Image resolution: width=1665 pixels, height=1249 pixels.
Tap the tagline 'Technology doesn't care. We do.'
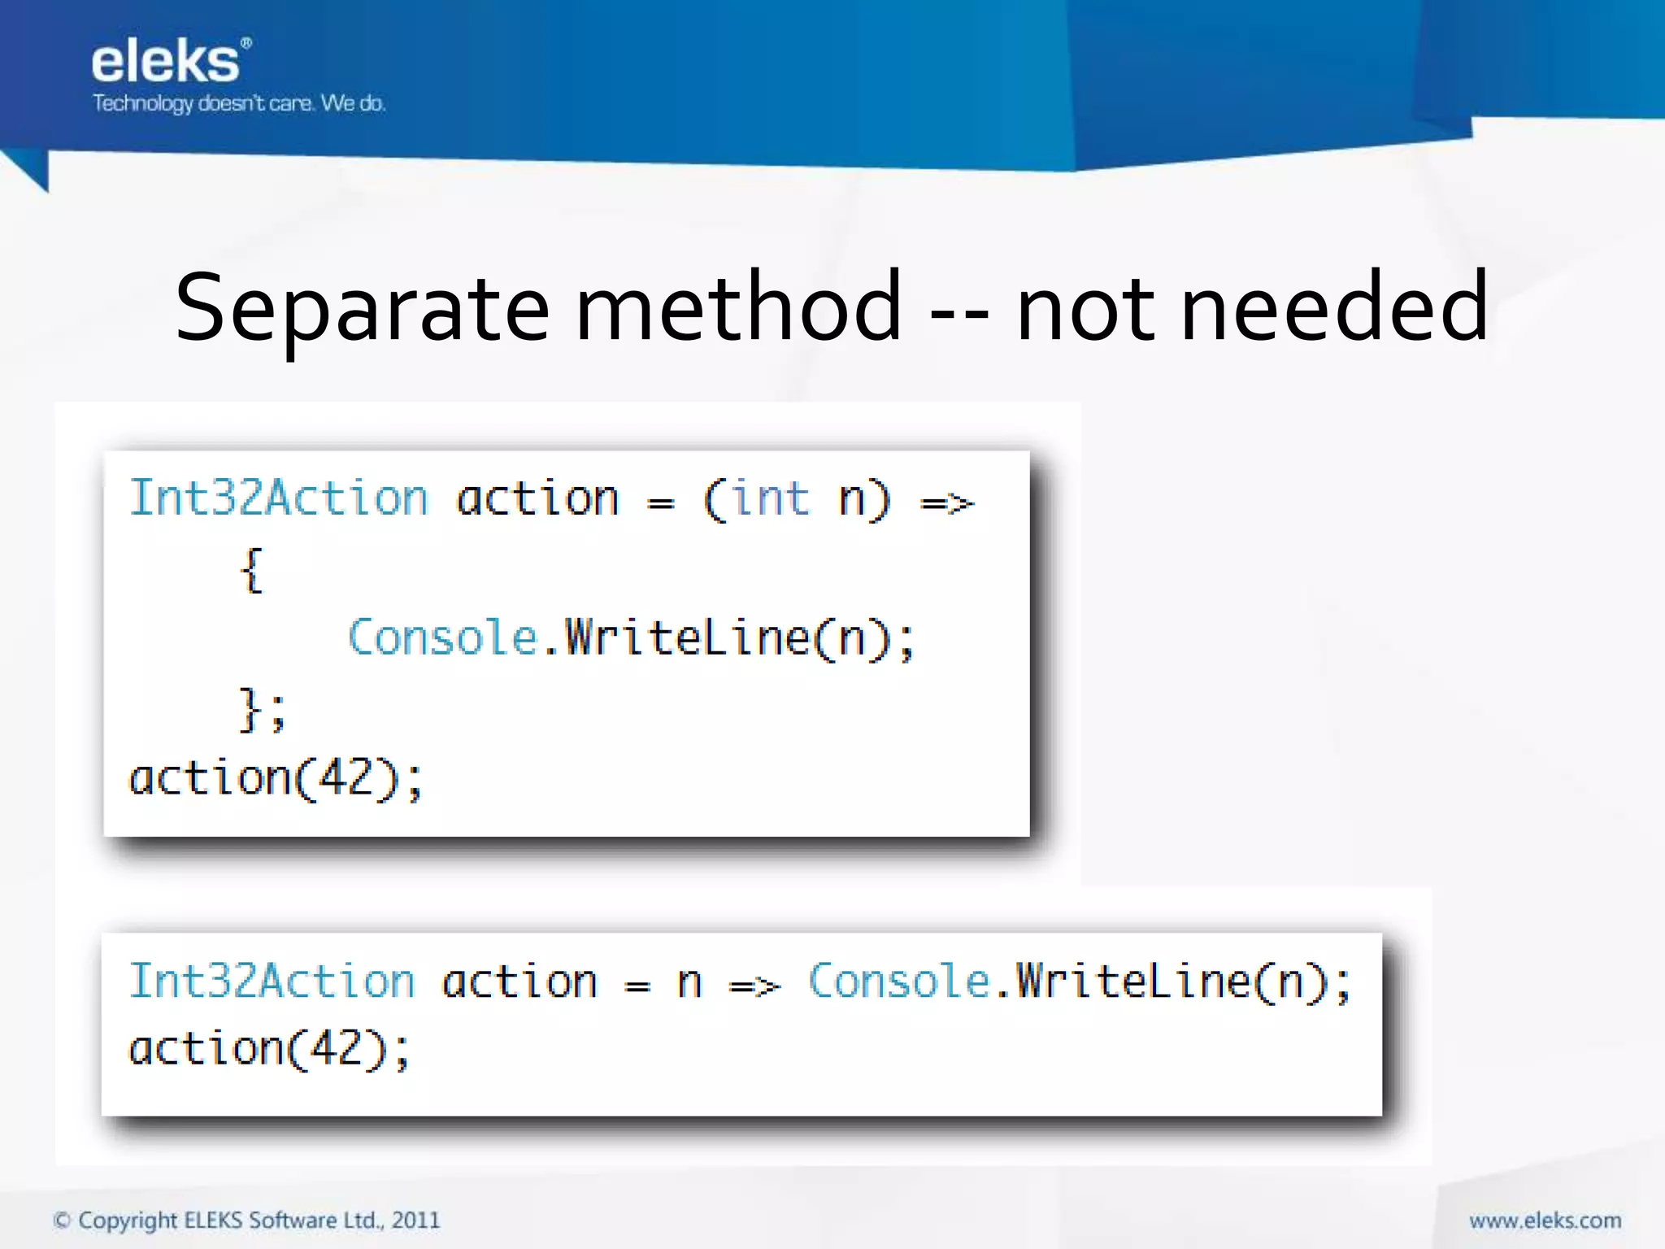[238, 104]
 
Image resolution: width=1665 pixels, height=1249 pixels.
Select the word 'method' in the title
[738, 307]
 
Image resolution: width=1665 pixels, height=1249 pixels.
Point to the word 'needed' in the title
[1334, 307]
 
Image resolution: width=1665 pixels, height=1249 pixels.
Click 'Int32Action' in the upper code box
[279, 498]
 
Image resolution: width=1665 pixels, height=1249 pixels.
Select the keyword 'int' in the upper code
[771, 498]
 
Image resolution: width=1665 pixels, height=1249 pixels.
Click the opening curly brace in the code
[252, 570]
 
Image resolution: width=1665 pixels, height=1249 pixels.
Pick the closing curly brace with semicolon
[262, 709]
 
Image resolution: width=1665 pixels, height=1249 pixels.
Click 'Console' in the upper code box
[443, 638]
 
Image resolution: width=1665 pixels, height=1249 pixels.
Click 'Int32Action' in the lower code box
[272, 981]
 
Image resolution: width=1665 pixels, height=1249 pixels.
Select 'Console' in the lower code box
[898, 981]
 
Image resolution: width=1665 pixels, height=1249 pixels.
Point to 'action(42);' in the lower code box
[270, 1049]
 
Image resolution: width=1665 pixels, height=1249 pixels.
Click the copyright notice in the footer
[246, 1221]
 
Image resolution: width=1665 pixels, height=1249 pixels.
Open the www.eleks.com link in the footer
[1545, 1221]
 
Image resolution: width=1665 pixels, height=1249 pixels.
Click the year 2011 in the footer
[415, 1221]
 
